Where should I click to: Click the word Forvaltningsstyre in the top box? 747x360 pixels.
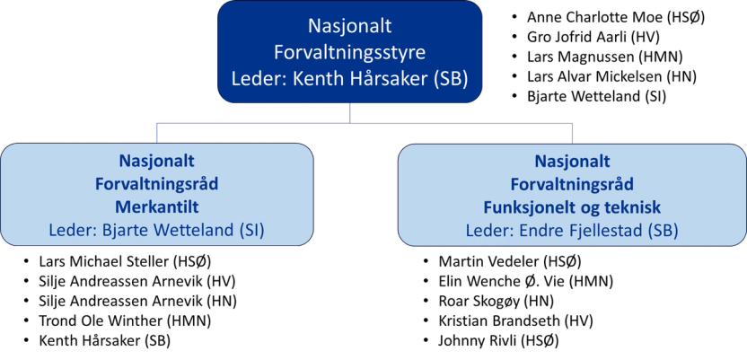349,51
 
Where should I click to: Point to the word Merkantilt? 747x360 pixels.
157,206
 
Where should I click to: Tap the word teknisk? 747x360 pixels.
634,206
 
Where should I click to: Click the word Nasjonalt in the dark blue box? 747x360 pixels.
349,26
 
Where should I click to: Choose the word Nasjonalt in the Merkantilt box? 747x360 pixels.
157,161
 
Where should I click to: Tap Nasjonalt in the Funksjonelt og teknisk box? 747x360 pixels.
573,162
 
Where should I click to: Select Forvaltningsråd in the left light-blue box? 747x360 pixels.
157,183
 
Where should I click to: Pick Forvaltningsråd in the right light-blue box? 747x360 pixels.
573,184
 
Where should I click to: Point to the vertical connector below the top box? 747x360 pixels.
350,110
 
